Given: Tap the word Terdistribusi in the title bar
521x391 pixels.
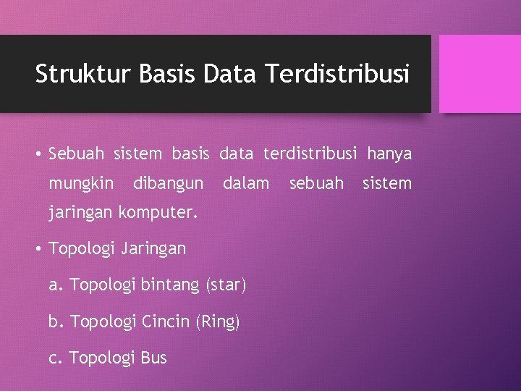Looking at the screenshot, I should click(337, 74).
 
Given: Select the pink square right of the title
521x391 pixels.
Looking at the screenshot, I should click(480, 73).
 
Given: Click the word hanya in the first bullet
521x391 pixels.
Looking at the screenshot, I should click(389, 154).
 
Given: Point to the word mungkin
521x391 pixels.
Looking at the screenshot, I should click(80, 184).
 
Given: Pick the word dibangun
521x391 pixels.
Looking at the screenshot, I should click(168, 184).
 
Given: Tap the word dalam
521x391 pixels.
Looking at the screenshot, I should click(245, 184).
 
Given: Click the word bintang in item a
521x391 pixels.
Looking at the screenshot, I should click(172, 285).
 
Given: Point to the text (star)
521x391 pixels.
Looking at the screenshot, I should click(226, 285).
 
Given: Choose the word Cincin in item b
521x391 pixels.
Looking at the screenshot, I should click(167, 321).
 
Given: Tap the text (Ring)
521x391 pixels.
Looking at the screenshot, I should click(218, 321).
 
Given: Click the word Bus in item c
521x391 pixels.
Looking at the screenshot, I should click(154, 358).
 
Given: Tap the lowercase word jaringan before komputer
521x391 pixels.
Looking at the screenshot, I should click(80, 214).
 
